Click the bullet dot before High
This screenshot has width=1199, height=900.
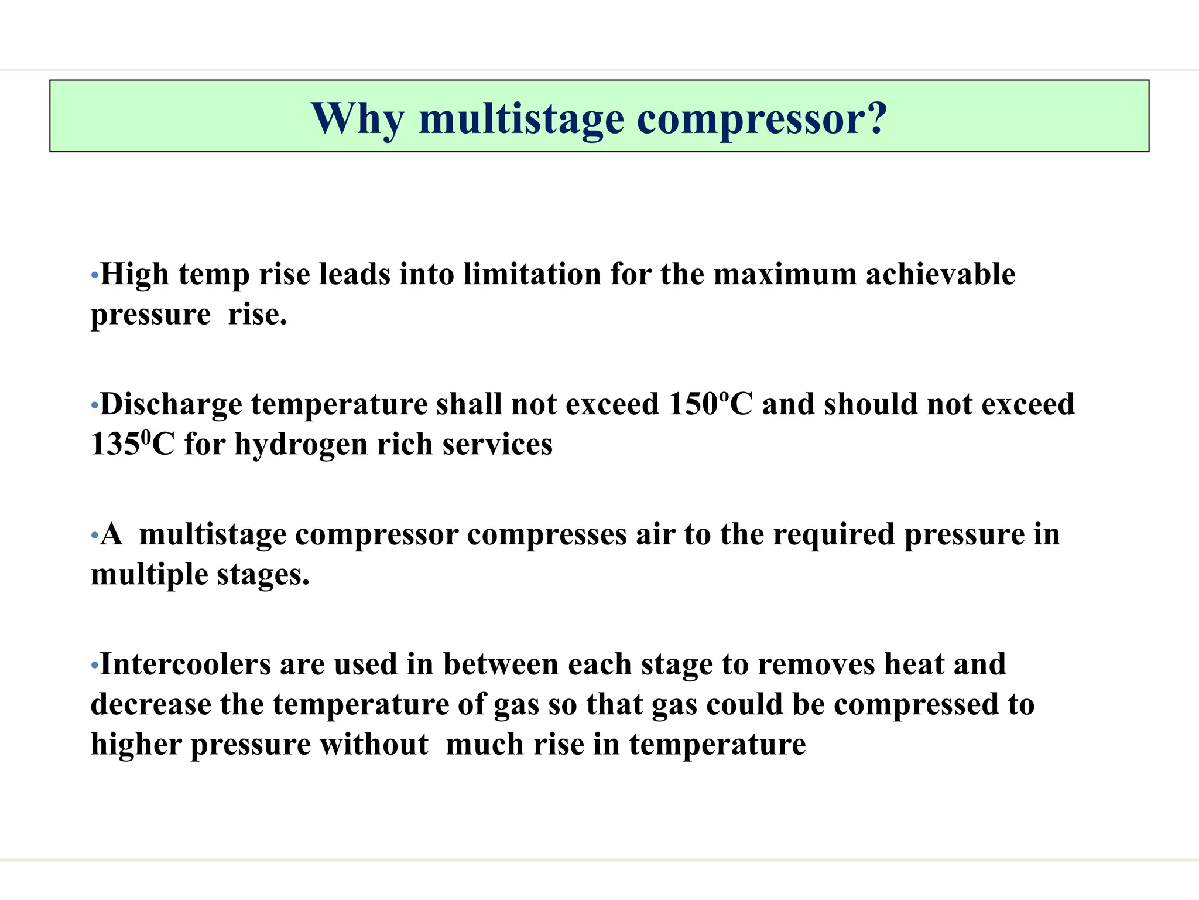[x=94, y=275]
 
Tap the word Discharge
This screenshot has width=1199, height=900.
[x=171, y=404]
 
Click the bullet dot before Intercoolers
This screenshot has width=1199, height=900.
[x=94, y=665]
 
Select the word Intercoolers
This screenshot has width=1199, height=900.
[x=186, y=664]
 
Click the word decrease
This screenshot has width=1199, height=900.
[x=150, y=704]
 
